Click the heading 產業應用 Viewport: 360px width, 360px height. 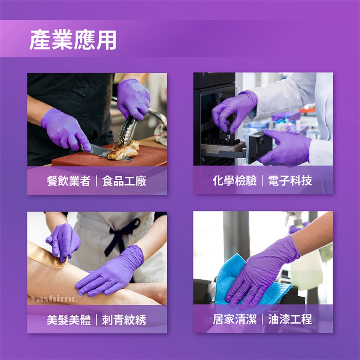[73, 40]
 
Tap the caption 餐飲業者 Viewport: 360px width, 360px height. [68, 181]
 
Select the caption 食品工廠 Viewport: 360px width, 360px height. [124, 181]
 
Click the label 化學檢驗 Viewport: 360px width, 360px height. [234, 180]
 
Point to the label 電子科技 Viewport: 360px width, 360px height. [290, 180]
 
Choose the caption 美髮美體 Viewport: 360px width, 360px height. [69, 319]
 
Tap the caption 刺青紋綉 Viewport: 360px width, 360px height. [124, 319]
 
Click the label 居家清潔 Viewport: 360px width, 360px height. [235, 319]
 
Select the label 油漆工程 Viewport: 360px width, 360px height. [290, 319]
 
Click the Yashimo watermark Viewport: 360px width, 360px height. [53, 298]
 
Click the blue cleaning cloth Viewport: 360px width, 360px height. [248, 280]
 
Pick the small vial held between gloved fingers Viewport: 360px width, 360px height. [227, 137]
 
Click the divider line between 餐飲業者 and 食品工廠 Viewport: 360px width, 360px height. [96, 181]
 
